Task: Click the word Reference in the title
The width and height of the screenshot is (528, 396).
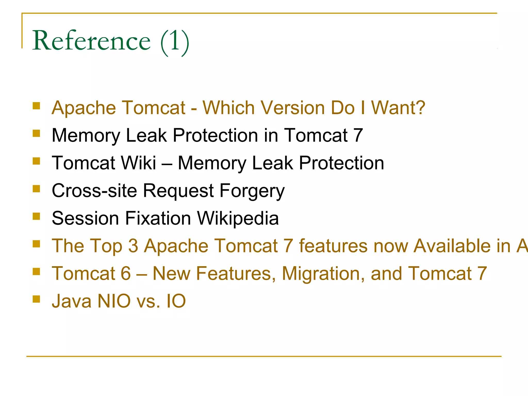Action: click(x=91, y=41)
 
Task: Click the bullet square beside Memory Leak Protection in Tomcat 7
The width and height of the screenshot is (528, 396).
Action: click(x=36, y=133)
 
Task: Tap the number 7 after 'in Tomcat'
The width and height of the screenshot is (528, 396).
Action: click(x=358, y=135)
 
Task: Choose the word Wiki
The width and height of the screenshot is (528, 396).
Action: click(x=138, y=163)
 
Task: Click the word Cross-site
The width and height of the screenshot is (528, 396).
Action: click(x=94, y=191)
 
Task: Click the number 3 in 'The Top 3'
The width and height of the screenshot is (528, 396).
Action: click(x=133, y=246)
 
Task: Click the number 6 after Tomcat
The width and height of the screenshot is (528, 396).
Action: click(x=126, y=274)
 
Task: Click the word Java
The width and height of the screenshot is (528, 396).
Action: click(x=71, y=301)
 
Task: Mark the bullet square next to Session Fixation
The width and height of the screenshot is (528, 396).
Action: click(x=36, y=216)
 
